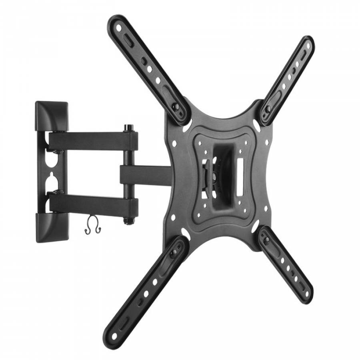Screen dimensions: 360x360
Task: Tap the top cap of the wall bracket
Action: (52, 114)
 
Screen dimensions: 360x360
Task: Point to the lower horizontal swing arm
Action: (94, 204)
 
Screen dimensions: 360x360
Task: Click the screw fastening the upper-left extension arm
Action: (175, 107)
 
